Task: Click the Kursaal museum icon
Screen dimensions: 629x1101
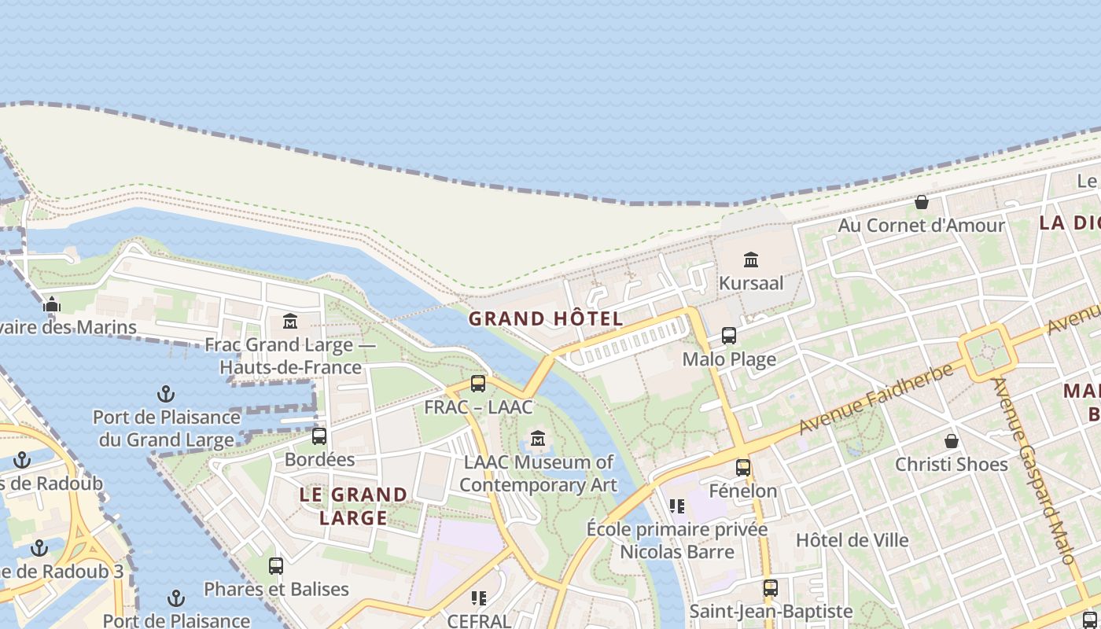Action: pyautogui.click(x=751, y=259)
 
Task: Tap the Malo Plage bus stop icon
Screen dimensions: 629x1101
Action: pyautogui.click(x=729, y=336)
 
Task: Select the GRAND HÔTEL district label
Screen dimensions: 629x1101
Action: pyautogui.click(x=546, y=319)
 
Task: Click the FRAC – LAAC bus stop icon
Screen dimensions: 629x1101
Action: pyautogui.click(x=478, y=384)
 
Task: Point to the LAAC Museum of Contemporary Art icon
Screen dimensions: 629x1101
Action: pyautogui.click(x=538, y=438)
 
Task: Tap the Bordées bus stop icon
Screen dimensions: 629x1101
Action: pyautogui.click(x=319, y=436)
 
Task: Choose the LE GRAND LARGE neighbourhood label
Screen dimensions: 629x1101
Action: pyautogui.click(x=354, y=506)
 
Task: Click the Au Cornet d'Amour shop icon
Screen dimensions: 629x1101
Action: pyautogui.click(x=922, y=202)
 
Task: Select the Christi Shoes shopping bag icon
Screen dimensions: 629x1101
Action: pyautogui.click(x=952, y=440)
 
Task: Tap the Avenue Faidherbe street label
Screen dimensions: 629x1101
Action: pyautogui.click(x=877, y=399)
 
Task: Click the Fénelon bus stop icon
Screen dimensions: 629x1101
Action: pyautogui.click(x=743, y=468)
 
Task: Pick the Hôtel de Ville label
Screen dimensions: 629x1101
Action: pyautogui.click(x=852, y=540)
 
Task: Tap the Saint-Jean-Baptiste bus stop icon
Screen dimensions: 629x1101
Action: pyautogui.click(x=771, y=588)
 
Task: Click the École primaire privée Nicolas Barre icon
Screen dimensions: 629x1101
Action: pyautogui.click(x=677, y=506)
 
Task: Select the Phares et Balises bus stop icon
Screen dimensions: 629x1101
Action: pyautogui.click(x=276, y=565)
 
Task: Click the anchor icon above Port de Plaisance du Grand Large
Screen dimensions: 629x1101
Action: pyautogui.click(x=166, y=393)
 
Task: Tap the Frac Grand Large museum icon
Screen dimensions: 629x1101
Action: pyautogui.click(x=290, y=321)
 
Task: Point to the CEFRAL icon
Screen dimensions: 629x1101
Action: pyautogui.click(x=479, y=598)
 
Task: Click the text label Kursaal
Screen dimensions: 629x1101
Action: pyautogui.click(x=751, y=283)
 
